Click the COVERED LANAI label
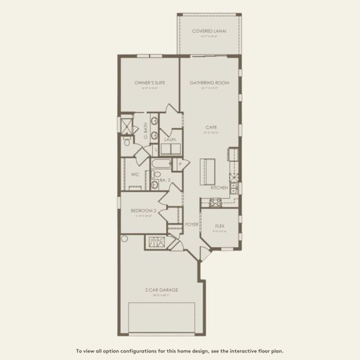[209, 31]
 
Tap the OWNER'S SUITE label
[149, 82]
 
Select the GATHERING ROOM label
[209, 82]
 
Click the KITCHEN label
[218, 188]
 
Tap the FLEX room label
[220, 226]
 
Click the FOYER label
[191, 224]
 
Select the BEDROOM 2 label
[143, 211]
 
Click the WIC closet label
[136, 175]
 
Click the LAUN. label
[170, 139]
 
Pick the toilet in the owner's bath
[127, 142]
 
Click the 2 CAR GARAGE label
[162, 290]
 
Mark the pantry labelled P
[180, 164]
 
